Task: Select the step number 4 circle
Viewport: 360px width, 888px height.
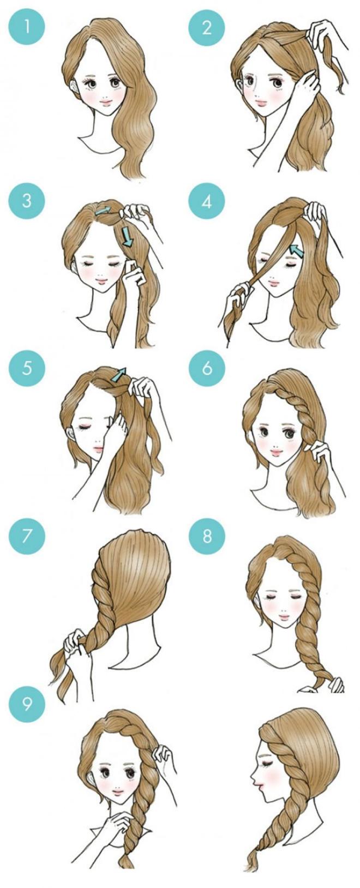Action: [x=207, y=201]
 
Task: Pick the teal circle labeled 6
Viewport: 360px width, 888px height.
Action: [x=207, y=368]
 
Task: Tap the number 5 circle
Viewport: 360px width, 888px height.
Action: [x=27, y=368]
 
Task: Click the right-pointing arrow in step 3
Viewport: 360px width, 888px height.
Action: [x=102, y=209]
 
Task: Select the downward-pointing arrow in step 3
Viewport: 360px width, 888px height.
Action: [x=128, y=237]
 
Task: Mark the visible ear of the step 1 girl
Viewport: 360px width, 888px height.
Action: [x=74, y=88]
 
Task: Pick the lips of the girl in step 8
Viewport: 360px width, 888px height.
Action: [x=285, y=619]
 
